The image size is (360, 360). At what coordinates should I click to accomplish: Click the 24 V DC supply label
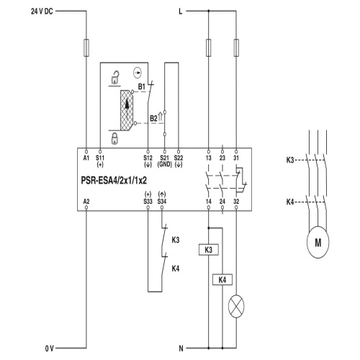(42, 12)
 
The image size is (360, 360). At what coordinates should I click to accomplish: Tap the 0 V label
(50, 348)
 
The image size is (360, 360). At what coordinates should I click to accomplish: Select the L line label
(181, 12)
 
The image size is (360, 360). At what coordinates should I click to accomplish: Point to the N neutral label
(181, 348)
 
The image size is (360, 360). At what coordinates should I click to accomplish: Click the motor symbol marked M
(318, 242)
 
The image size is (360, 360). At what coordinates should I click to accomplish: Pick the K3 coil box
(209, 250)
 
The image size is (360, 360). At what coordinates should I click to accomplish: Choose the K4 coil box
(222, 279)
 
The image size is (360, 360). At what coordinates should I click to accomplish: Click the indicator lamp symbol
(236, 306)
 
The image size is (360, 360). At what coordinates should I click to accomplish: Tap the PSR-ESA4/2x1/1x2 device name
(114, 181)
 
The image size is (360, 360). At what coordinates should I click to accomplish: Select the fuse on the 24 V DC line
(86, 48)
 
